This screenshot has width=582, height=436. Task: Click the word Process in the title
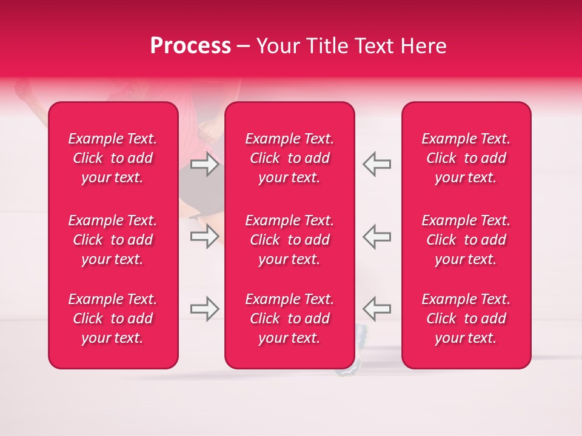(190, 46)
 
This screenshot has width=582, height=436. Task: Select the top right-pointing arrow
(204, 164)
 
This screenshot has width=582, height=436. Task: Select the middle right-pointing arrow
(204, 236)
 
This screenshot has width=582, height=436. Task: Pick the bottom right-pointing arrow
(204, 309)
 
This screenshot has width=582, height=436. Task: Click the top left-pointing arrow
(376, 164)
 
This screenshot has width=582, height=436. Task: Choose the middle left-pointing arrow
(376, 236)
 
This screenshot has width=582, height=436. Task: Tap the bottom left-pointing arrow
(376, 309)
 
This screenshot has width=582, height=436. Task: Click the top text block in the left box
(113, 158)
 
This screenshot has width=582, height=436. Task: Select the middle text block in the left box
(113, 240)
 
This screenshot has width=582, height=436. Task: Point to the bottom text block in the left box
(113, 319)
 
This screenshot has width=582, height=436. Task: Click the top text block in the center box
(289, 158)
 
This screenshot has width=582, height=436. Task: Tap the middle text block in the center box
(289, 240)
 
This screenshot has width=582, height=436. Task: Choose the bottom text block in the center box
(289, 319)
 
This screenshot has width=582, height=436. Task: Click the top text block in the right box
(466, 158)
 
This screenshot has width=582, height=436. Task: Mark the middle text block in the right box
(466, 240)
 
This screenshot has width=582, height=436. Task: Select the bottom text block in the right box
(466, 319)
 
